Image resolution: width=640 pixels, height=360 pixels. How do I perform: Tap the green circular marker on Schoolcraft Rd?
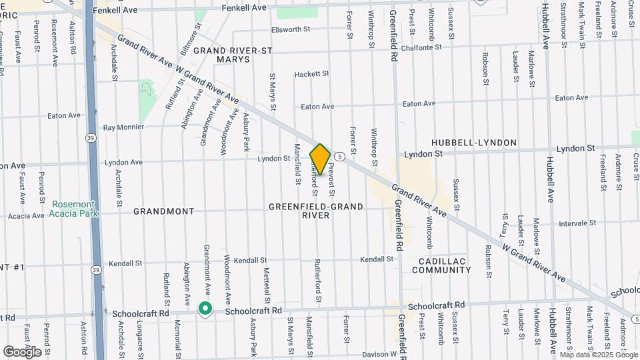[205, 309]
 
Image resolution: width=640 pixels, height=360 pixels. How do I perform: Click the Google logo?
[22, 351]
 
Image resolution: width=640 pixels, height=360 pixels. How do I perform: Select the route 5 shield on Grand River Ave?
[340, 157]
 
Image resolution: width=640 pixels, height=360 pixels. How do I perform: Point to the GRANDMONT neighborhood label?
[164, 211]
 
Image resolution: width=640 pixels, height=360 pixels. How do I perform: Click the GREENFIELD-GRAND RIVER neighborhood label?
[316, 211]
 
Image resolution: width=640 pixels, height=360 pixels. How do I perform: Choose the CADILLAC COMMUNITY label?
[441, 265]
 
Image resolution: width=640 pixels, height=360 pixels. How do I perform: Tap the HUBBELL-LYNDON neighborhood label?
[474, 143]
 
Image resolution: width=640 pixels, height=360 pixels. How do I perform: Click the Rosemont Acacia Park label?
[73, 209]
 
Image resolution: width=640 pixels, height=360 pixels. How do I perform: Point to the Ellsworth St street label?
[291, 29]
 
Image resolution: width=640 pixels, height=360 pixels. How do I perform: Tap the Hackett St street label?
[312, 74]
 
